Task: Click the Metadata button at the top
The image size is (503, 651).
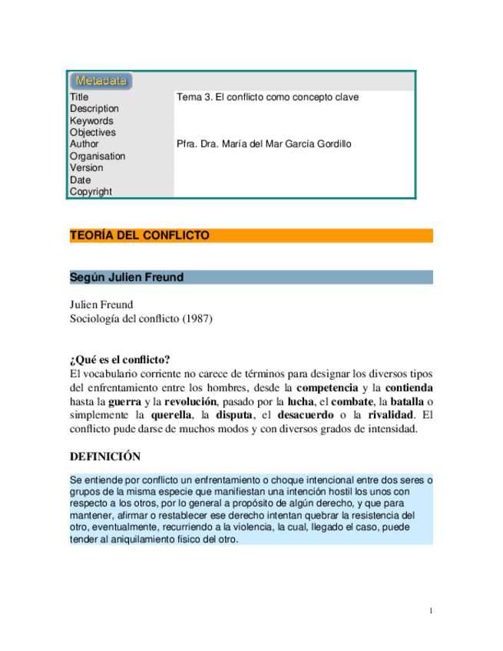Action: tap(101, 81)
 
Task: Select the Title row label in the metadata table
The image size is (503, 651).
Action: tap(79, 97)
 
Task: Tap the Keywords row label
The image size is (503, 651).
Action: tap(91, 121)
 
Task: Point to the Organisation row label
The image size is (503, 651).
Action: tap(97, 156)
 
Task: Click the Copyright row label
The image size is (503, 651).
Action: tap(91, 192)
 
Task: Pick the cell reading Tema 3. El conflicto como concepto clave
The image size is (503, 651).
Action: tap(267, 97)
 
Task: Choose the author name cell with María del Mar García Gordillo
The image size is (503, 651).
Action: tap(264, 144)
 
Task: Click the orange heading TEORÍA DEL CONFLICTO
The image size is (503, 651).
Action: tap(140, 236)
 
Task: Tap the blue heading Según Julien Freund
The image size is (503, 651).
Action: tap(127, 277)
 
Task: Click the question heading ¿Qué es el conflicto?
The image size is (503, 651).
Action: tap(120, 359)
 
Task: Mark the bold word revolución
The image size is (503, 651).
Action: tap(189, 402)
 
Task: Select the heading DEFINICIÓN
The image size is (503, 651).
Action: tap(105, 457)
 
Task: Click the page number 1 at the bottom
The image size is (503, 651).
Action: tap(432, 611)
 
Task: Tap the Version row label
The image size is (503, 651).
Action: tap(86, 168)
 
